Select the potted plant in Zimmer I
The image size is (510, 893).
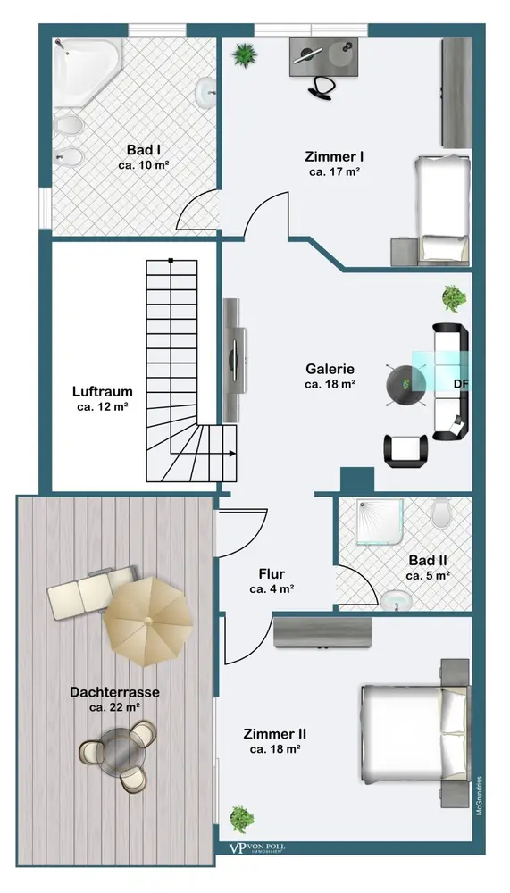pyautogui.click(x=244, y=55)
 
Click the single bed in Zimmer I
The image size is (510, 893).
pyautogui.click(x=442, y=207)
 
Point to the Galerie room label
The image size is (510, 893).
pyautogui.click(x=330, y=369)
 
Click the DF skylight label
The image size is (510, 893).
pyautogui.click(x=461, y=383)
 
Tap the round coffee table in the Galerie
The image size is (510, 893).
pyautogui.click(x=405, y=386)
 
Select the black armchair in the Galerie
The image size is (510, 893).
pyautogui.click(x=405, y=450)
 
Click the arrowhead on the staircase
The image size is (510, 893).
pyautogui.click(x=232, y=454)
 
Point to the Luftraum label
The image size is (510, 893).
pyautogui.click(x=103, y=391)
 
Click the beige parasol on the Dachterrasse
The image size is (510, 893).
pyautogui.click(x=148, y=622)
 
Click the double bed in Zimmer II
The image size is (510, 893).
pyautogui.click(x=415, y=733)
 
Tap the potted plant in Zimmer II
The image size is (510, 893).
pyautogui.click(x=242, y=819)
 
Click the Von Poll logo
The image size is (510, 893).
pyautogui.click(x=257, y=848)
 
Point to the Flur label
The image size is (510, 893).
pyautogui.click(x=272, y=573)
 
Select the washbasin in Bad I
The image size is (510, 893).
pyautogui.click(x=205, y=92)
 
